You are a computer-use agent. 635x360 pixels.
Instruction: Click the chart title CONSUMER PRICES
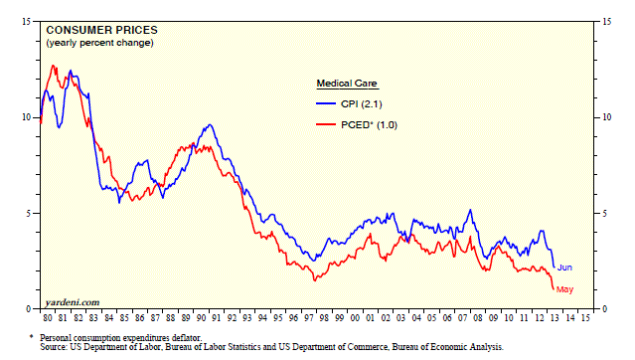pyautogui.click(x=101, y=31)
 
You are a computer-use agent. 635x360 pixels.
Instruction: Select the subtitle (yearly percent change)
pyautogui.click(x=99, y=43)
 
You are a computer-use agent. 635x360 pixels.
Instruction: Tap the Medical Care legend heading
pyautogui.click(x=347, y=84)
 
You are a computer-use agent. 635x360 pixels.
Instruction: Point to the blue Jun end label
pyautogui.click(x=564, y=268)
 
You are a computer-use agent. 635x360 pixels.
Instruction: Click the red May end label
pyautogui.click(x=564, y=289)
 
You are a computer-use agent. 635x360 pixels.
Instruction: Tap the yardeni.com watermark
pyautogui.click(x=73, y=302)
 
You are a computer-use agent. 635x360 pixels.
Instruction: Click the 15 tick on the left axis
pyautogui.click(x=26, y=22)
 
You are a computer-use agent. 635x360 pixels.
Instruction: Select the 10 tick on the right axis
pyautogui.click(x=606, y=117)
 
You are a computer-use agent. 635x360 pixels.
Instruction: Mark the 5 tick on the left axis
pyautogui.click(x=29, y=213)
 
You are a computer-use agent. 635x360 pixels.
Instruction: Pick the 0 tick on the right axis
pyautogui.click(x=604, y=309)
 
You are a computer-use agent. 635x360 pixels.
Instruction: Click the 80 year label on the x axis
pyautogui.click(x=48, y=318)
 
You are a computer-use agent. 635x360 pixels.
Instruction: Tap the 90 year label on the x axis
pyautogui.click(x=201, y=318)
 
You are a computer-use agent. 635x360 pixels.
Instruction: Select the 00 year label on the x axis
pyautogui.click(x=355, y=318)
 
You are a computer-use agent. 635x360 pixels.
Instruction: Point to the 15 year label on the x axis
pyautogui.click(x=585, y=318)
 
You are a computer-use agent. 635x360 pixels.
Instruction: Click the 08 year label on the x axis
pyautogui.click(x=478, y=318)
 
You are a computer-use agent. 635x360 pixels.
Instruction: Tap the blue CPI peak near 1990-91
pyautogui.click(x=210, y=124)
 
